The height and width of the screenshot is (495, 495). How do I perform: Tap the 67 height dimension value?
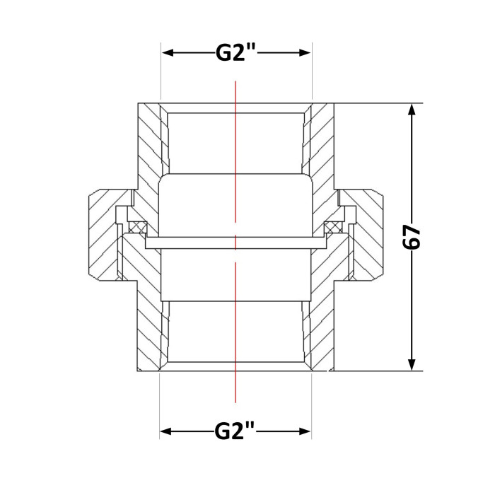(x=412, y=237)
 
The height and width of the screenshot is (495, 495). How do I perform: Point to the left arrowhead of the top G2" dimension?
(x=168, y=53)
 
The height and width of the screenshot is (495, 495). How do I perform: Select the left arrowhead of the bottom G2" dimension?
(x=165, y=431)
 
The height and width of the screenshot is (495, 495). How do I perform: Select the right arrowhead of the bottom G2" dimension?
(x=305, y=431)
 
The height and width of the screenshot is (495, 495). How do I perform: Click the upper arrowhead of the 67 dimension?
(x=412, y=110)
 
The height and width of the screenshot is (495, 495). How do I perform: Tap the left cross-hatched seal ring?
(x=138, y=227)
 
